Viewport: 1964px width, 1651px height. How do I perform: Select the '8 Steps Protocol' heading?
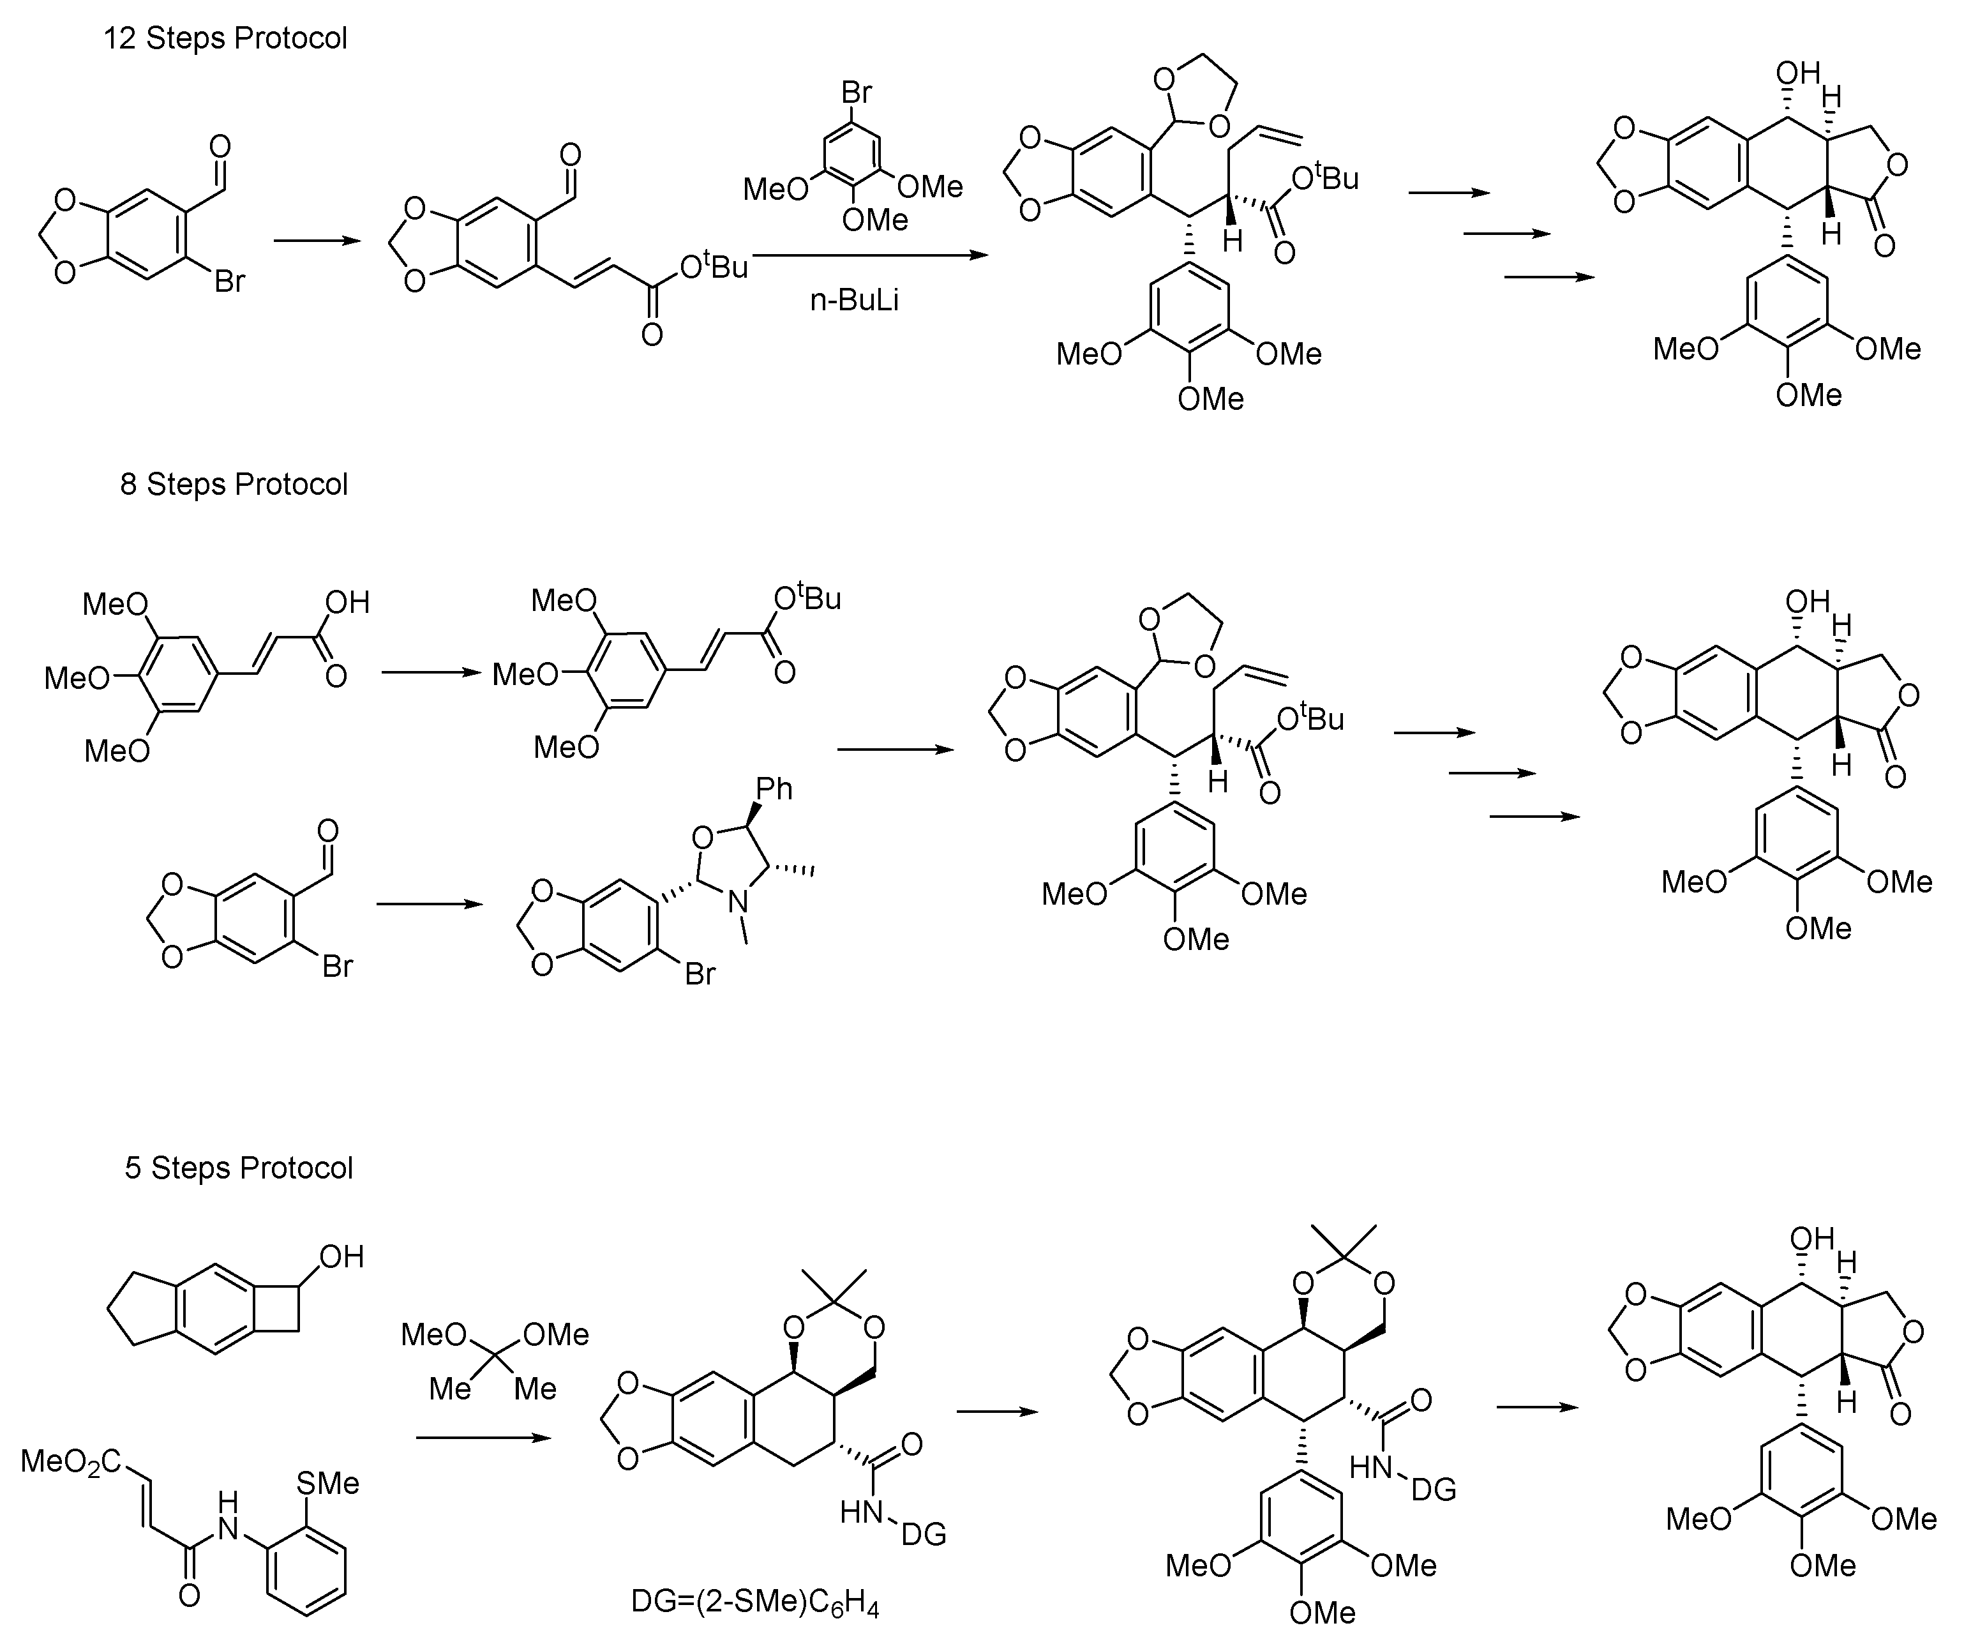tap(234, 484)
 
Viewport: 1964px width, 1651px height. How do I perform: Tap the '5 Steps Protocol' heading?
tap(239, 1168)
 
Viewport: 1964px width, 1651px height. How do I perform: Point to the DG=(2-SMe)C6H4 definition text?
tap(755, 1603)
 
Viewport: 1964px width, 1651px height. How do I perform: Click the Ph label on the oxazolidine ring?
tap(774, 789)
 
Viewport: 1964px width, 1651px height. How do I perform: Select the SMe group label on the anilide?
tap(327, 1484)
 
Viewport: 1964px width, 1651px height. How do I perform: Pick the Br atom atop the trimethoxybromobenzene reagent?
tap(856, 92)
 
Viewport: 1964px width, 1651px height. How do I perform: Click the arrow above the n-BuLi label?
tap(870, 255)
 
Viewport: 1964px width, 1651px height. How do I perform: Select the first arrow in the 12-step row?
tap(317, 241)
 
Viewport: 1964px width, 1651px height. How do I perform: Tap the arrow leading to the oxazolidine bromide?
tap(430, 904)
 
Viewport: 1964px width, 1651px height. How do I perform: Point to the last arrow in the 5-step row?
tap(1538, 1408)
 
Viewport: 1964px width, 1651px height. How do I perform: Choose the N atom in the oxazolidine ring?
tap(739, 901)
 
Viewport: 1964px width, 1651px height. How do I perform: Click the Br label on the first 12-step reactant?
tap(229, 281)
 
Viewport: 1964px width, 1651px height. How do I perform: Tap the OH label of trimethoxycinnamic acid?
tap(347, 602)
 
